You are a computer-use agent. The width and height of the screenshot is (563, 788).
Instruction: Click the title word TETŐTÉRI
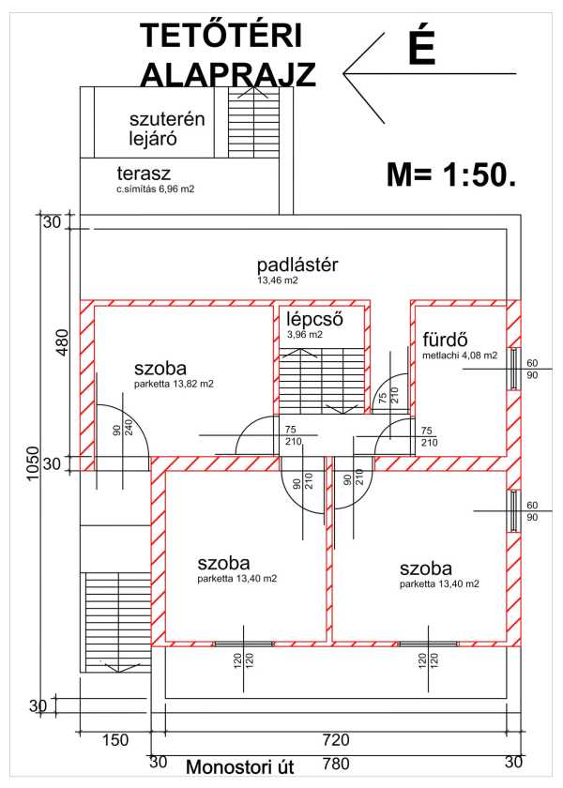tap(221, 36)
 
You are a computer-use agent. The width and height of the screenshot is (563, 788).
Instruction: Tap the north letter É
tap(421, 48)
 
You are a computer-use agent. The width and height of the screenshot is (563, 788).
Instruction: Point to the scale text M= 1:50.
tap(450, 174)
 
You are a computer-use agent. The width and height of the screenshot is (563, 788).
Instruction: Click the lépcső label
tap(314, 319)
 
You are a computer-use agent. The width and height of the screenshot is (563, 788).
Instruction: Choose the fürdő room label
tap(445, 340)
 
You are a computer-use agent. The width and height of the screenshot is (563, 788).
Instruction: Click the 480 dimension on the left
tap(62, 343)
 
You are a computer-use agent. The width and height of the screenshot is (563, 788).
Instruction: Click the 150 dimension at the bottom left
tap(114, 741)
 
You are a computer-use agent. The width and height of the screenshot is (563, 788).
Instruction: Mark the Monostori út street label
tap(240, 767)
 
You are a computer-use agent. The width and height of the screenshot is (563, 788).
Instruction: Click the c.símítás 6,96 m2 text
tap(156, 189)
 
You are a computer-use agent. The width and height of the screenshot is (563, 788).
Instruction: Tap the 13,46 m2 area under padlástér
tap(277, 280)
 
